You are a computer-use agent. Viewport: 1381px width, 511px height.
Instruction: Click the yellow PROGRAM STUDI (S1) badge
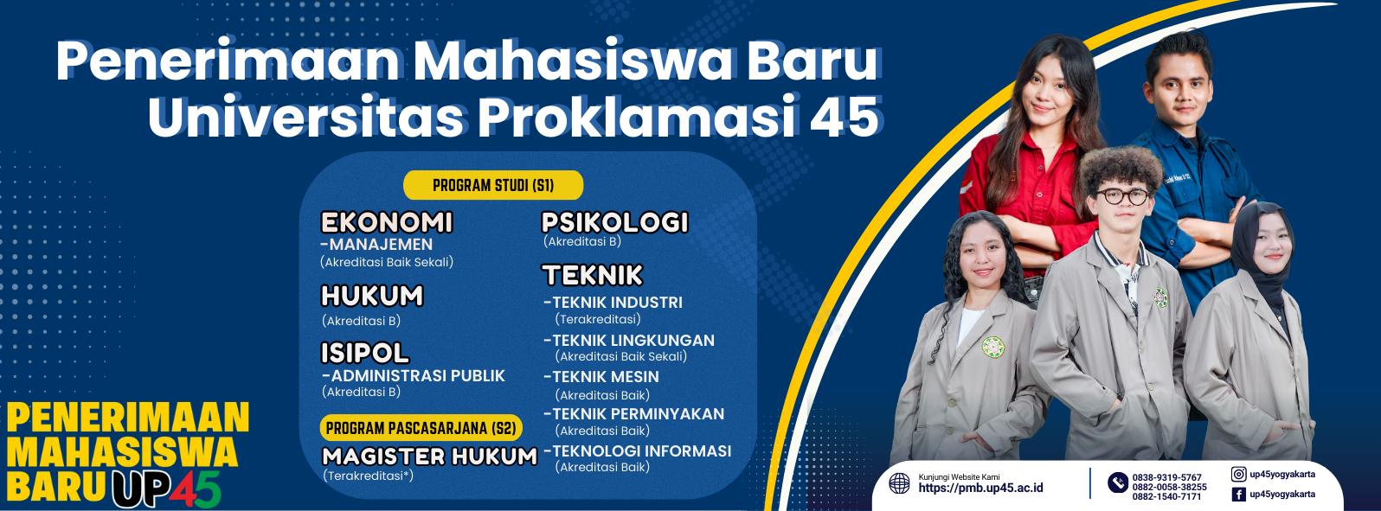[x=493, y=185]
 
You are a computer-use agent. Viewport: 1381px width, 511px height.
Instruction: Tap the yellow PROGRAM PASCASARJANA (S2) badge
[x=421, y=428]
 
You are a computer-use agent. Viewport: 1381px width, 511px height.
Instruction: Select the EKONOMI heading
[x=387, y=222]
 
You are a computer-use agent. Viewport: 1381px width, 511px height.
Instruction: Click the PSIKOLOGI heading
[x=614, y=222]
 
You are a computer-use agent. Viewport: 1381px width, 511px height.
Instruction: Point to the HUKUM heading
[x=372, y=296]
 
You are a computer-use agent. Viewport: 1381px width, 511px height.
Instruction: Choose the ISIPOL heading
[x=365, y=353]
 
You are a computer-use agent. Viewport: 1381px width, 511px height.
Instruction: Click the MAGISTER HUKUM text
[x=430, y=457]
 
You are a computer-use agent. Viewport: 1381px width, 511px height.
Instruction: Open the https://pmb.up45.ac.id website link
[x=981, y=489]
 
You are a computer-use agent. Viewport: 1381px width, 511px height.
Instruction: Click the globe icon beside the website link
[x=899, y=483]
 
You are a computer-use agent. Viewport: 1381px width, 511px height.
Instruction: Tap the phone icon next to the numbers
[x=1118, y=482]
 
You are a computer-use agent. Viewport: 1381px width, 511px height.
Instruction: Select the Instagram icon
[x=1238, y=474]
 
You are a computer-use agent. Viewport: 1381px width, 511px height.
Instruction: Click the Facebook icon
[x=1238, y=494]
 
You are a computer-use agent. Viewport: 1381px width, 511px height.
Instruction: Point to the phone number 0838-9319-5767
[x=1167, y=477]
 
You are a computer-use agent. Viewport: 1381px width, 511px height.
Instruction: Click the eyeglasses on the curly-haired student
[x=1122, y=196]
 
